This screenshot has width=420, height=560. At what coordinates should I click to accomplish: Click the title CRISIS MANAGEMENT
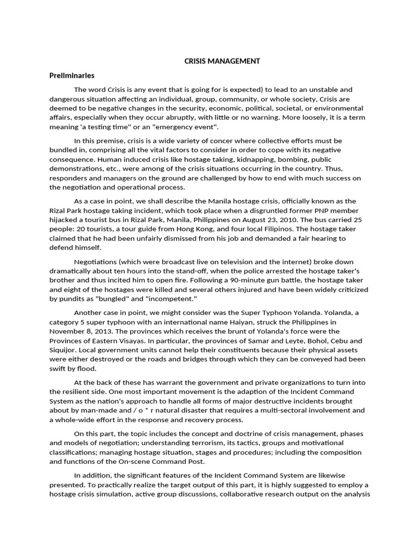pyautogui.click(x=221, y=61)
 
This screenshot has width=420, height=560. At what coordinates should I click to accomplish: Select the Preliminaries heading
pyautogui.click(x=72, y=75)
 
